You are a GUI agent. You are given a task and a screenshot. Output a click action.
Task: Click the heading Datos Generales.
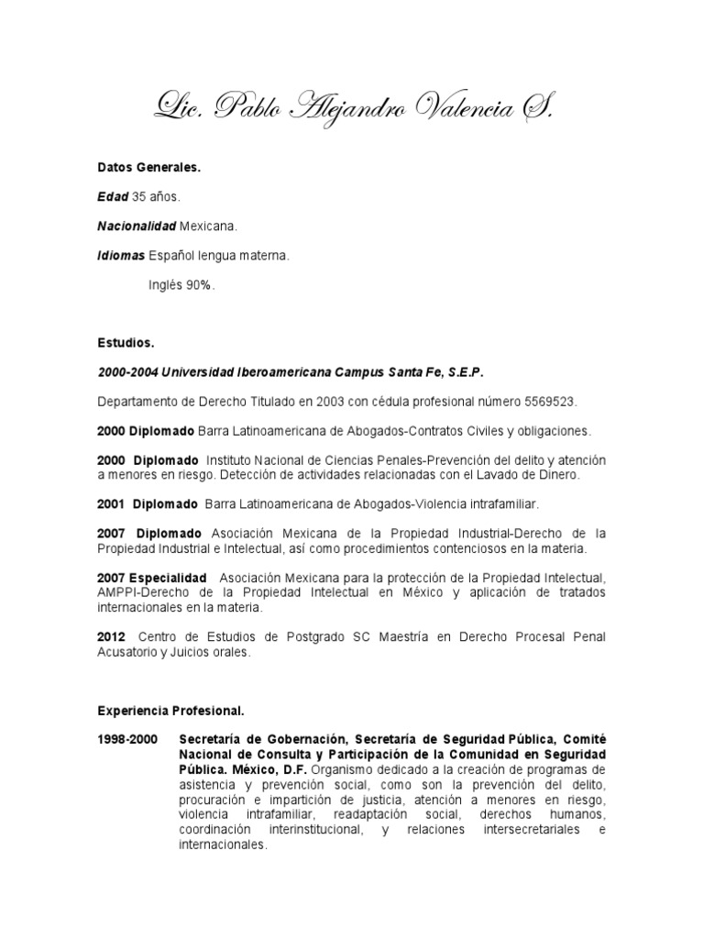149,169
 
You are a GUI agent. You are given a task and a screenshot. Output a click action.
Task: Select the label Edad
114,197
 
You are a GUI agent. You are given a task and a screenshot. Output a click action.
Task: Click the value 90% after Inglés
199,285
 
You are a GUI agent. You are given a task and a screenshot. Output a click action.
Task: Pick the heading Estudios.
126,343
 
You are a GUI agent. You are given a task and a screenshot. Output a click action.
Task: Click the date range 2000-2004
126,373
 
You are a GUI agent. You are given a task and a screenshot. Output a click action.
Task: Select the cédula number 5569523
553,402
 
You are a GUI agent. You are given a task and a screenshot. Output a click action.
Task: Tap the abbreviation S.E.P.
465,373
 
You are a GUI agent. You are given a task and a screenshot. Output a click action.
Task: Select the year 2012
111,636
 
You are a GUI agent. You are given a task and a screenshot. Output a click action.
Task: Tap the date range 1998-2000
127,739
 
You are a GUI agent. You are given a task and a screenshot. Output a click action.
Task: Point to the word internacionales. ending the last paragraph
223,845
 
